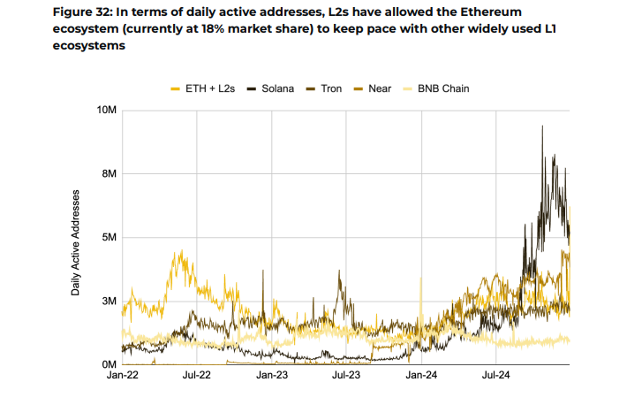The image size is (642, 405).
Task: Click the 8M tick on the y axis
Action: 110,173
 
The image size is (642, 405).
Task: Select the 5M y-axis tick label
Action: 110,237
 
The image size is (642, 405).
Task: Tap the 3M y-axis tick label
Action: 110,301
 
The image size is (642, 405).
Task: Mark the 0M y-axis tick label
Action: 110,364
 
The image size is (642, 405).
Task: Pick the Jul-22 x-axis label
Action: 196,377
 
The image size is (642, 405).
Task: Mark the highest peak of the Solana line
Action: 542,126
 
